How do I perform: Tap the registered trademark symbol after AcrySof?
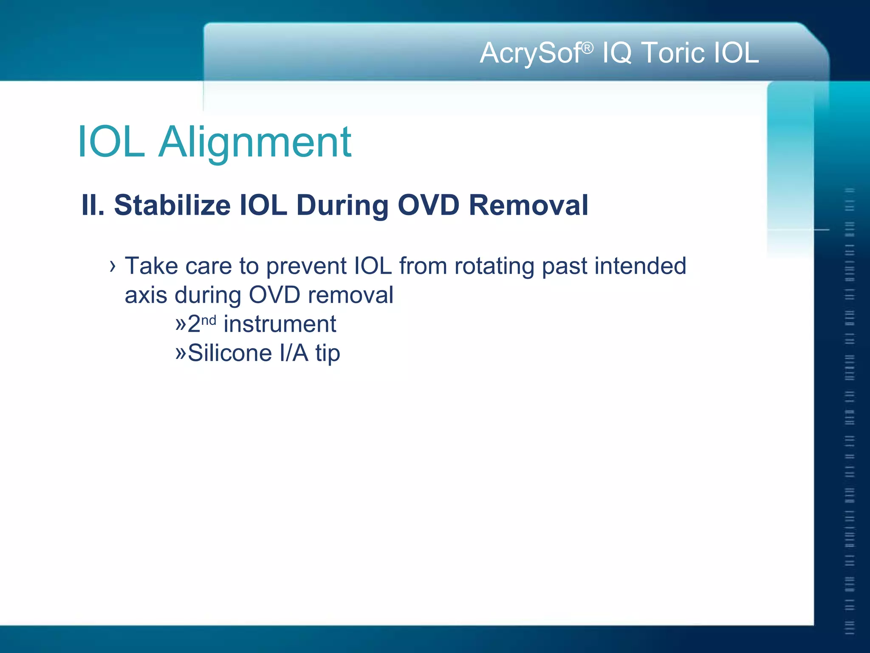coord(587,48)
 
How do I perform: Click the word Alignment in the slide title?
coord(255,143)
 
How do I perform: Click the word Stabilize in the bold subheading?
coord(172,205)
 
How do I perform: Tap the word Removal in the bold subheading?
coord(528,205)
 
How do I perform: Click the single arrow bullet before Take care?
coord(112,267)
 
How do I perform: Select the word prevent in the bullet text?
coord(306,267)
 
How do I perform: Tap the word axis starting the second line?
coord(146,295)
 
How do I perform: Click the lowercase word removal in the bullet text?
coord(350,295)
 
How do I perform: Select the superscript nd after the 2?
coord(209,320)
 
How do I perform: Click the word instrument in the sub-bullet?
coord(280,324)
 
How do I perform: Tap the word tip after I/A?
coord(328,354)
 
